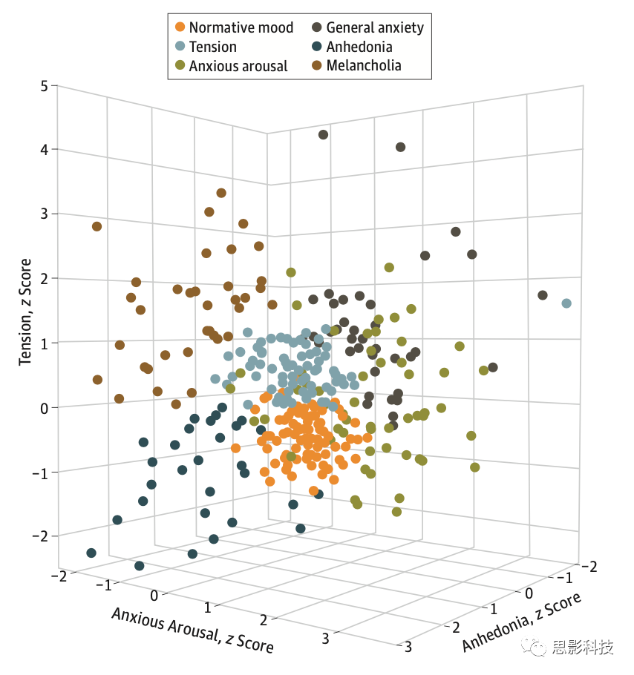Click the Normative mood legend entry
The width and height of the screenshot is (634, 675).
[233, 28]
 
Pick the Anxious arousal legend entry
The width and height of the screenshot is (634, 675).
[230, 66]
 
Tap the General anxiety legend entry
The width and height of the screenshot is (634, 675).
[367, 28]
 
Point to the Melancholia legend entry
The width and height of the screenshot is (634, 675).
[356, 66]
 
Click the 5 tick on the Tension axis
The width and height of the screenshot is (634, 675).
[45, 86]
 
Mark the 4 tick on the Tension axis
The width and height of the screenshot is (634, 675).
[45, 150]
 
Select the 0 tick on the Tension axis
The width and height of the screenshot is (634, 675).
[45, 407]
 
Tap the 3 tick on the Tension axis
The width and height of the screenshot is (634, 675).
[45, 214]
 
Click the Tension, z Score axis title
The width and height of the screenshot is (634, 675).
[26, 312]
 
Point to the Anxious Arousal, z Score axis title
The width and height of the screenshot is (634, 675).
[192, 630]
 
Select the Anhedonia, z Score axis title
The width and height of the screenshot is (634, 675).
[520, 622]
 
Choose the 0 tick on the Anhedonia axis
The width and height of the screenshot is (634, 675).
[528, 593]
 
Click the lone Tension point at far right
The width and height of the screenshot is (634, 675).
[566, 303]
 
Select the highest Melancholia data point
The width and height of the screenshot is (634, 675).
[220, 194]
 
